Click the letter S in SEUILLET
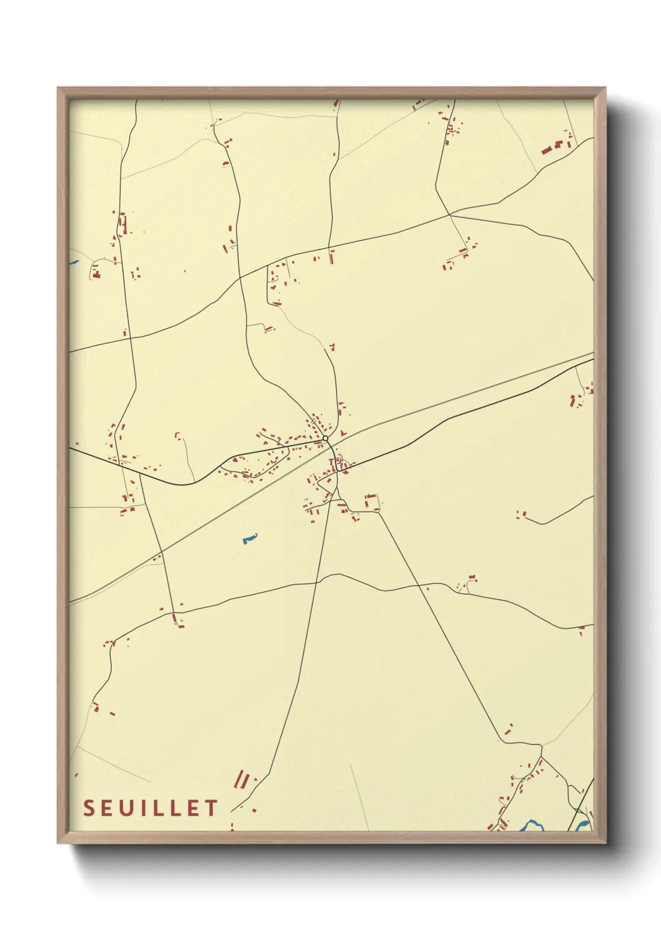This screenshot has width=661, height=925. (x=89, y=808)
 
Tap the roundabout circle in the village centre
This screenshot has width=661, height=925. (x=326, y=439)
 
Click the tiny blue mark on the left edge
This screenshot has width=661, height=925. (x=73, y=262)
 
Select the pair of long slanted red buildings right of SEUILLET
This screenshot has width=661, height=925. (x=242, y=779)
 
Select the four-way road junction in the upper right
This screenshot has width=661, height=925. (x=449, y=215)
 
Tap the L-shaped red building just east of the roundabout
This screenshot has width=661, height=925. (x=342, y=433)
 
